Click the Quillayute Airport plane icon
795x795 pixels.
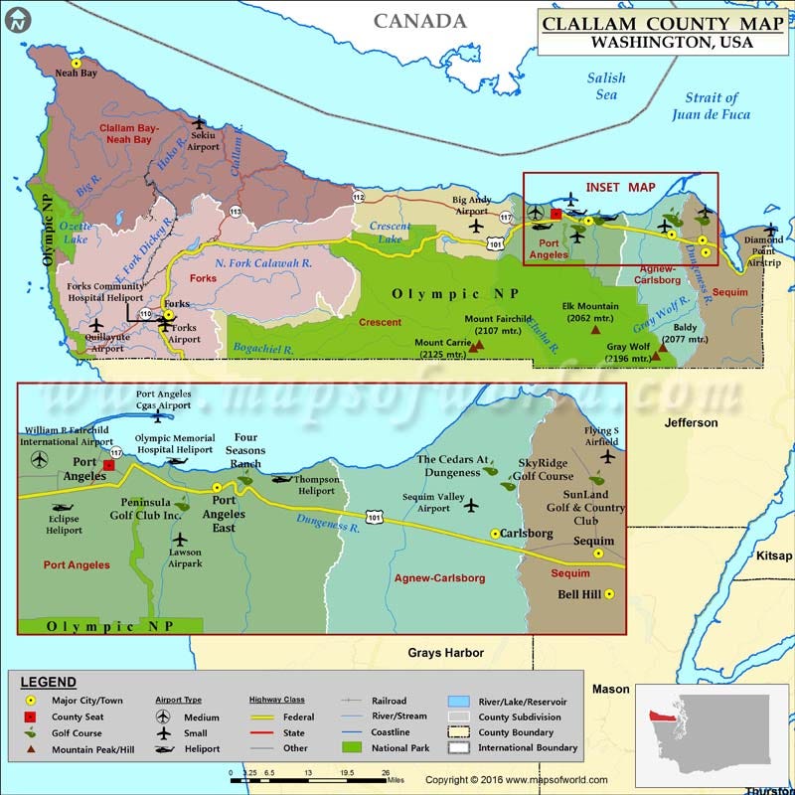pos(96,325)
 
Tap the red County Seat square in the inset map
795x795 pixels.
pos(109,464)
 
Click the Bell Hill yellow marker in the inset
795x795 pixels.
pos(609,594)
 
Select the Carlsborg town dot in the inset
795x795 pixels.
pos(495,534)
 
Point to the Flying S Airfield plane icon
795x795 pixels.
pos(608,456)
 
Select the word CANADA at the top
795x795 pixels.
pos(420,21)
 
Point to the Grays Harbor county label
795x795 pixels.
pos(446,653)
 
